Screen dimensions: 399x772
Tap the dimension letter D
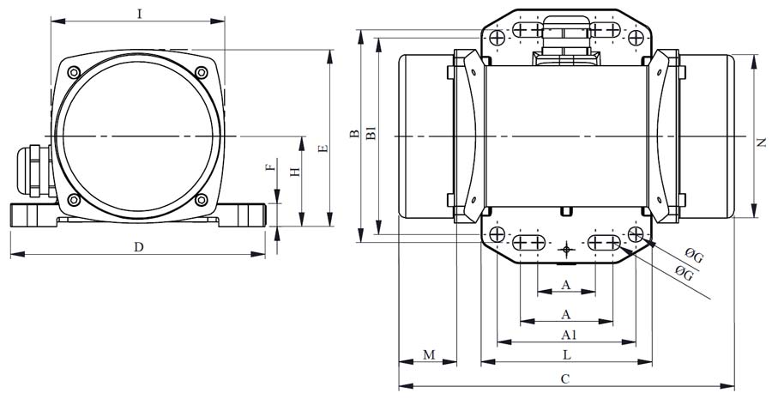138,247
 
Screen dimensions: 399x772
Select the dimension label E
323,148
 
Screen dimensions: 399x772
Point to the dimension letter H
294,172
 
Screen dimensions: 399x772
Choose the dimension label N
762,142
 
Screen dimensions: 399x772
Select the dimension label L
567,354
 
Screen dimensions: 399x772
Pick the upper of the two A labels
565,284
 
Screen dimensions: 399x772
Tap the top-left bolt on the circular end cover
75,71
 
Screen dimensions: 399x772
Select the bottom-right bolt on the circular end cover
202,201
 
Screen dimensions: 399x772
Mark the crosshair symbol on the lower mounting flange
566,250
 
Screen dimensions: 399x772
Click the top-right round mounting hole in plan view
636,38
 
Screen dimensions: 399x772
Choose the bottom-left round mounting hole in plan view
497,234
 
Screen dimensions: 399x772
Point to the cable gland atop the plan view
564,39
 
